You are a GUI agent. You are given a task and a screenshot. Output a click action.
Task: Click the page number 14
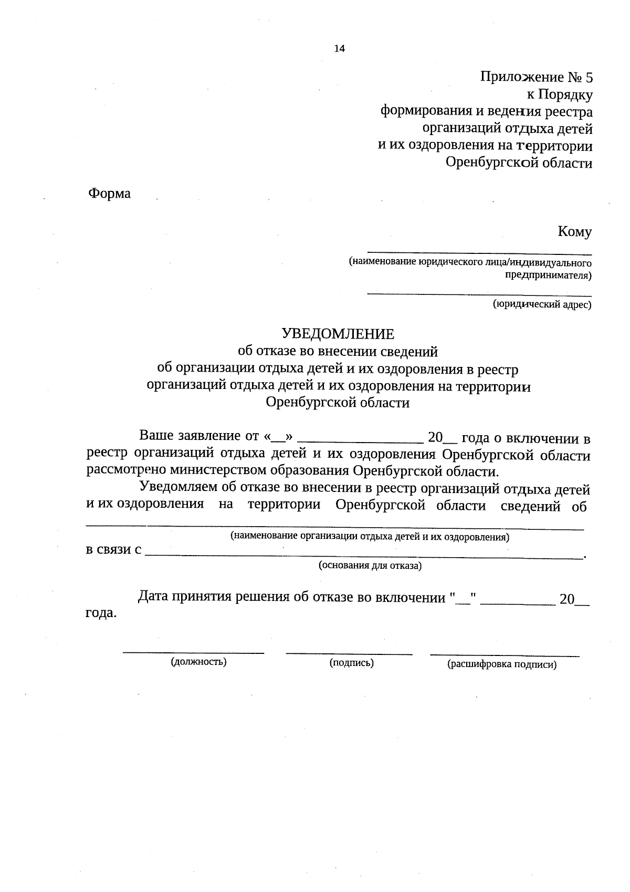click(x=340, y=49)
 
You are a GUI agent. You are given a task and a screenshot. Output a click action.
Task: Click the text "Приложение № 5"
click(x=536, y=78)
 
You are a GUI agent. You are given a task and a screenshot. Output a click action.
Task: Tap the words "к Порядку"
click(x=560, y=95)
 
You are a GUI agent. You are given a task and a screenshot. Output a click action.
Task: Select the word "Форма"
click(x=109, y=193)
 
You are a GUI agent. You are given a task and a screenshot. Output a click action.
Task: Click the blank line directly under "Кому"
click(x=479, y=253)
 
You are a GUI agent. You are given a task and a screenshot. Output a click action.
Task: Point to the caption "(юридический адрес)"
click(x=542, y=304)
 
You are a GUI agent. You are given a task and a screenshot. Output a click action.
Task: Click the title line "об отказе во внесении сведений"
click(x=338, y=351)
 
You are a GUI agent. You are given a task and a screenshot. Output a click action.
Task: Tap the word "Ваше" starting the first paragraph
click(x=156, y=436)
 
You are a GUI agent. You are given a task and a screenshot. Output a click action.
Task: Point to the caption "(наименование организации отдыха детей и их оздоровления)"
click(x=370, y=537)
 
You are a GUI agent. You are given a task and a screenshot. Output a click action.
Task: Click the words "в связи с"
click(x=113, y=550)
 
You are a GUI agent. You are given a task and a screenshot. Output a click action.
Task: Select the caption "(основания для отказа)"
click(x=370, y=566)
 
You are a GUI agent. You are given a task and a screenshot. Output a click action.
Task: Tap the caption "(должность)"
click(x=198, y=662)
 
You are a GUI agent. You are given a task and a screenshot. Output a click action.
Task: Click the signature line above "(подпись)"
click(x=349, y=653)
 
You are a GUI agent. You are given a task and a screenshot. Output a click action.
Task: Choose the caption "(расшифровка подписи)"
click(x=501, y=664)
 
